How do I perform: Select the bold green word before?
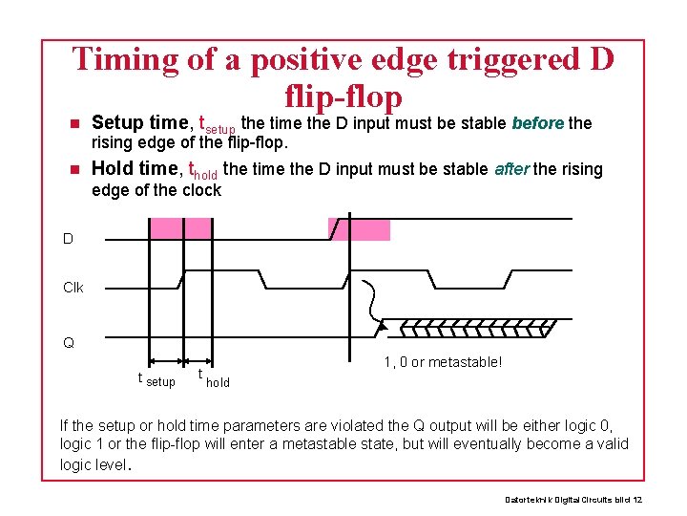[538, 123]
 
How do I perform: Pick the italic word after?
[511, 169]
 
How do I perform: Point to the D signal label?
[68, 239]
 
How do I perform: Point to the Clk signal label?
[73, 288]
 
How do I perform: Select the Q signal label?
[68, 342]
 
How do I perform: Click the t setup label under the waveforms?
[156, 379]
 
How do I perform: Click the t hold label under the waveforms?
[213, 378]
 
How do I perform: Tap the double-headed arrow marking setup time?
[166, 361]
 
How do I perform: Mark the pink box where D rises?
[360, 229]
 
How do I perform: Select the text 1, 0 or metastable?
[443, 361]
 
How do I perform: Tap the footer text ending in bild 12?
[573, 500]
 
